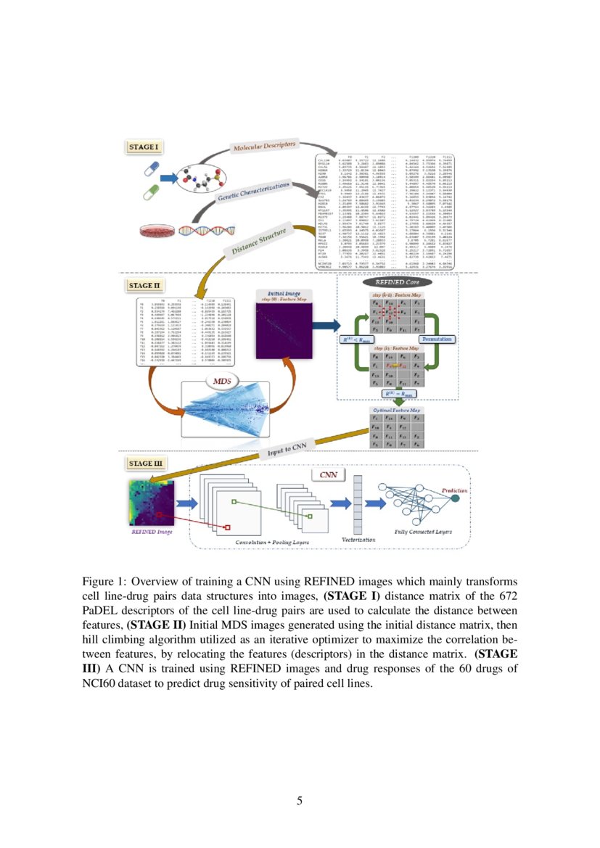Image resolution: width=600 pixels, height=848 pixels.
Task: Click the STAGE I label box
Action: coord(142,147)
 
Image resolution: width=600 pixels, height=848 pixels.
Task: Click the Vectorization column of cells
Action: coord(357,505)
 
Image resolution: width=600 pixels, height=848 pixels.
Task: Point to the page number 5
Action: coord(300,800)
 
